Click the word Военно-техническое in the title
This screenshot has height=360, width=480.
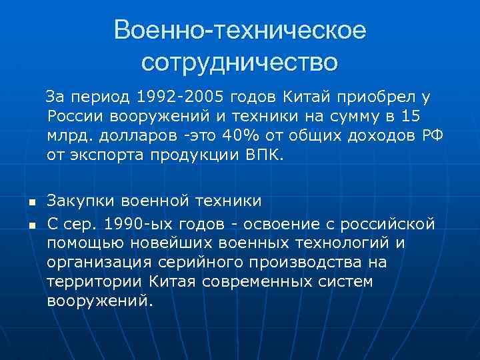tap(240, 30)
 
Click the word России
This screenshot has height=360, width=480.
tap(76, 117)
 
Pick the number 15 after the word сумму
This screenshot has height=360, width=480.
tap(411, 117)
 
